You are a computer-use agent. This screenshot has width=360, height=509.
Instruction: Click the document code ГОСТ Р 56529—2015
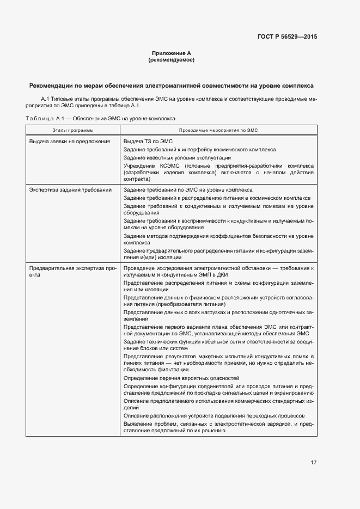(287, 37)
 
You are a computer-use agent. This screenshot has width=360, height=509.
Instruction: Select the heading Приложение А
(171, 53)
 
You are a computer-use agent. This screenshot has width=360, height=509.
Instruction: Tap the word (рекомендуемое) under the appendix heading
(171, 60)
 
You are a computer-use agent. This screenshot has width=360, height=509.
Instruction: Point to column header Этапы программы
(72, 131)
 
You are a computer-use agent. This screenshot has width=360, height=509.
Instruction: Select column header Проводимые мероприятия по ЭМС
(218, 131)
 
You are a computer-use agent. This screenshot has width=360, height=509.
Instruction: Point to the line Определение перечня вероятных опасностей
(181, 378)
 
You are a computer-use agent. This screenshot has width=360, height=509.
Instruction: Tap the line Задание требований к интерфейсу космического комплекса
(199, 149)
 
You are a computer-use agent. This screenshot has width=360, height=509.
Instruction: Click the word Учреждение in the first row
(139, 165)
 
